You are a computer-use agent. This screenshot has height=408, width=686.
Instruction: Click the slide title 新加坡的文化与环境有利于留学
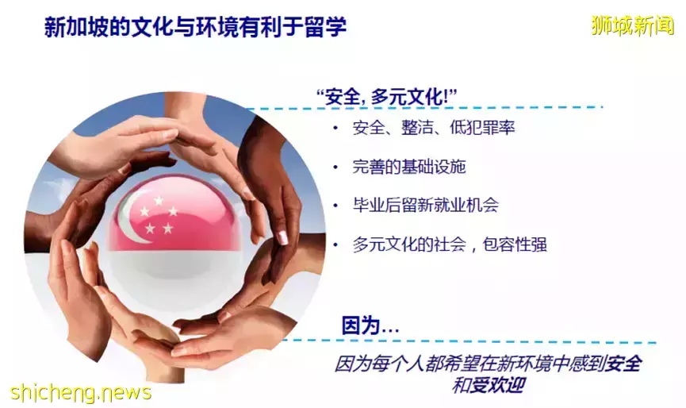[x=195, y=27]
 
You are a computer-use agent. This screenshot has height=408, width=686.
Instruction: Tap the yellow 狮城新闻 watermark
[x=633, y=25]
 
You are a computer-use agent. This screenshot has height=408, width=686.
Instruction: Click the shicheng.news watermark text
[x=81, y=392]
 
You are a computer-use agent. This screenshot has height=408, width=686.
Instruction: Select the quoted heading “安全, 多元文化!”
[x=387, y=96]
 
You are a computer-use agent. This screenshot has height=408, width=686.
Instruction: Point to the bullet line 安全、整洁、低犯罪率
[x=434, y=128]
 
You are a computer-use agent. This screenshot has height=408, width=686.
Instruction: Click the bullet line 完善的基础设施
[x=409, y=167]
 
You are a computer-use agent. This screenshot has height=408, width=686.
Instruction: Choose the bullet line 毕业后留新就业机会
[x=425, y=205]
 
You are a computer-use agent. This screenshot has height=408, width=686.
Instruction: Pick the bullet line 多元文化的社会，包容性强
[x=450, y=244]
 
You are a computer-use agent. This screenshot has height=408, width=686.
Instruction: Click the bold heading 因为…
[x=370, y=325]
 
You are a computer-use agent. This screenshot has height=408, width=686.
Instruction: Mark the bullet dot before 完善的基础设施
[x=335, y=167]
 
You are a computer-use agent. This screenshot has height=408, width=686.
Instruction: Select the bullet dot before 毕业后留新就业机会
[x=335, y=206]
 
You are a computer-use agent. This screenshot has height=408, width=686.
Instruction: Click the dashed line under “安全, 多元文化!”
[x=424, y=108]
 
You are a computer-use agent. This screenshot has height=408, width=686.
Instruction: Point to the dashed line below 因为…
[x=468, y=341]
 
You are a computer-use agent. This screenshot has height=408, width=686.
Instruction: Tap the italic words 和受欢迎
[x=489, y=385]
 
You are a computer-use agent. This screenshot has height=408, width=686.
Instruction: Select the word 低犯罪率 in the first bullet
[x=482, y=128]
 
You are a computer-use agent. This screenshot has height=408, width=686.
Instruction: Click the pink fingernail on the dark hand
[x=282, y=237]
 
